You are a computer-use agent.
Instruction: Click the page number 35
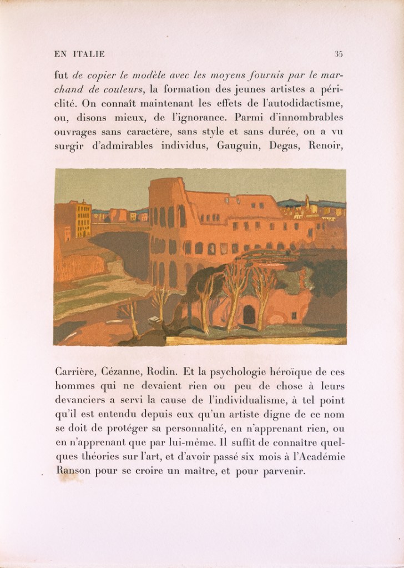point(339,54)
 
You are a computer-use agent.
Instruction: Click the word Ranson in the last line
point(72,473)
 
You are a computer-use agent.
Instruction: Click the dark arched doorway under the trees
point(249,315)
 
